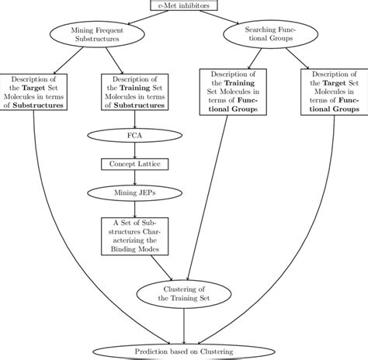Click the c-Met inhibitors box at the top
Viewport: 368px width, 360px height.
[183, 6]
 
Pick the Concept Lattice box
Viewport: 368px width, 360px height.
[135, 164]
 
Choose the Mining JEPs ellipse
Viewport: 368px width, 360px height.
[135, 190]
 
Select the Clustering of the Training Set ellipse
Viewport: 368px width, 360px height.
[183, 292]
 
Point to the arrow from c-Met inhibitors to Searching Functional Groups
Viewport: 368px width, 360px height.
[229, 19]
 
